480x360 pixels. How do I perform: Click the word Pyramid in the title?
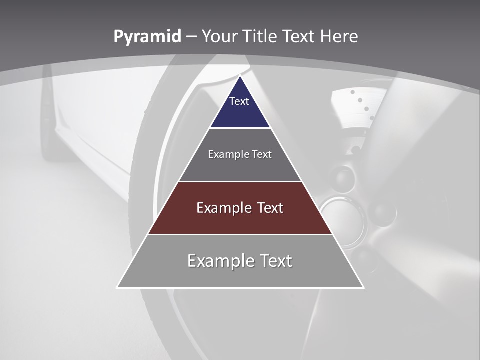(x=147, y=37)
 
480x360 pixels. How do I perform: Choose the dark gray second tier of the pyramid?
(x=240, y=167)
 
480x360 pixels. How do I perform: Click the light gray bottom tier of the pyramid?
(x=240, y=275)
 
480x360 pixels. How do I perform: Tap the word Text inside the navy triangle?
(x=239, y=101)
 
